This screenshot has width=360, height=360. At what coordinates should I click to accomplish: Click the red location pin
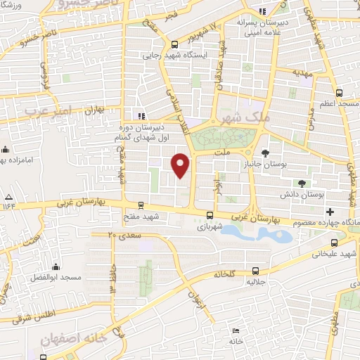181,166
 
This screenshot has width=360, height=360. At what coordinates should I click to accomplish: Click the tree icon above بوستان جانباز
264,153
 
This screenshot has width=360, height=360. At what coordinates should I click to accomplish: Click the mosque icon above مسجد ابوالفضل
57,267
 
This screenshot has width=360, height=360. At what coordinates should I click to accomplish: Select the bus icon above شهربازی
210,216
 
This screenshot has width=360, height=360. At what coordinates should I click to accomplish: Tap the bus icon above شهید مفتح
143,206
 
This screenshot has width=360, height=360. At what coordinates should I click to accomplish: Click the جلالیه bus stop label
255,281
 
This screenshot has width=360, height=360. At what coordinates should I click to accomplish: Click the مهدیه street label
302,72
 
